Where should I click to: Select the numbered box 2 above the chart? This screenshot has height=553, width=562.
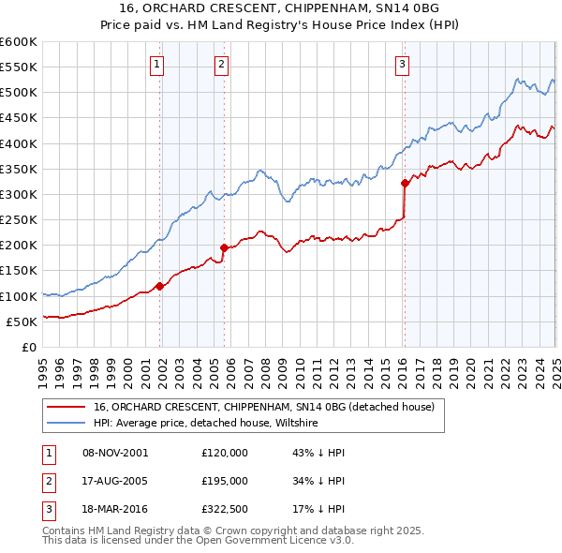pyautogui.click(x=220, y=65)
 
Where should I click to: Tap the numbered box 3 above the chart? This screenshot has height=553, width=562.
pyautogui.click(x=401, y=65)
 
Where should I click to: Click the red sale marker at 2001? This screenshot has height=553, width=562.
pyautogui.click(x=160, y=286)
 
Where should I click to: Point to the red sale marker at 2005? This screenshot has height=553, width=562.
pyautogui.click(x=225, y=247)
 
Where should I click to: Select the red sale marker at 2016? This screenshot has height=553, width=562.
pyautogui.click(x=405, y=183)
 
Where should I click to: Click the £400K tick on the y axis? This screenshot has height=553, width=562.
pyautogui.click(x=19, y=143)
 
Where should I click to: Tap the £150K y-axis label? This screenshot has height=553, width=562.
pyautogui.click(x=19, y=271)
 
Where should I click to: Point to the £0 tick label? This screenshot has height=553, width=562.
pyautogui.click(x=29, y=347)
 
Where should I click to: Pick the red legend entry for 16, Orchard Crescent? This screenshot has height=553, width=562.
pyautogui.click(x=263, y=408)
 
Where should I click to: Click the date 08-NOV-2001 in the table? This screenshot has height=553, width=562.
pyautogui.click(x=115, y=453)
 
